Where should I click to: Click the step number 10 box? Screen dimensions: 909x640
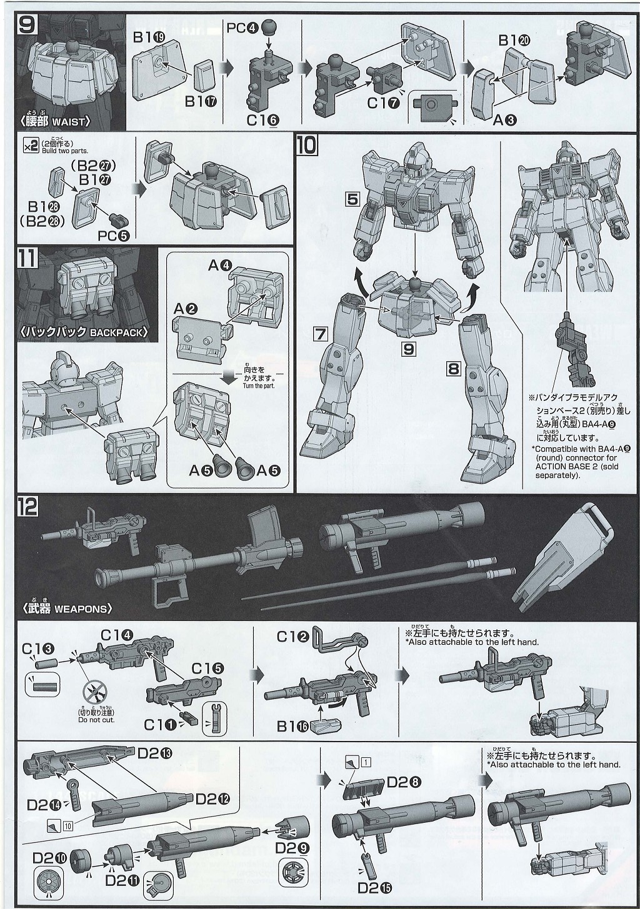tap(307, 145)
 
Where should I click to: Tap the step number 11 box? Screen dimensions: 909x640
tap(28, 257)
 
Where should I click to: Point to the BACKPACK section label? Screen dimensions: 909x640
tap(84, 332)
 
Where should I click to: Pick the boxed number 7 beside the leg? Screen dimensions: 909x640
tap(321, 334)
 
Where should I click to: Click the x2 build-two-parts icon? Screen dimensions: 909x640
tap(30, 146)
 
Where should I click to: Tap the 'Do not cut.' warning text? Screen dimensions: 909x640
tap(96, 720)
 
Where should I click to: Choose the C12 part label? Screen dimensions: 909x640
tap(294, 637)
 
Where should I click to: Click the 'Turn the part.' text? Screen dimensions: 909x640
tap(259, 385)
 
